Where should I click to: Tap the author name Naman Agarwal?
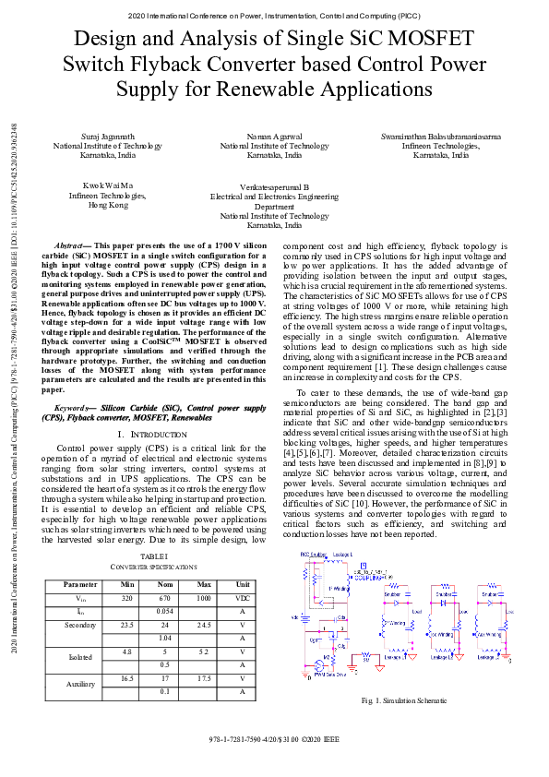[275, 137]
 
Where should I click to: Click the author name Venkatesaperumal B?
[275, 186]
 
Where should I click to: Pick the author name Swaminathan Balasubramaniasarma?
[441, 137]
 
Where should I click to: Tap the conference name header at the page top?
[274, 16]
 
